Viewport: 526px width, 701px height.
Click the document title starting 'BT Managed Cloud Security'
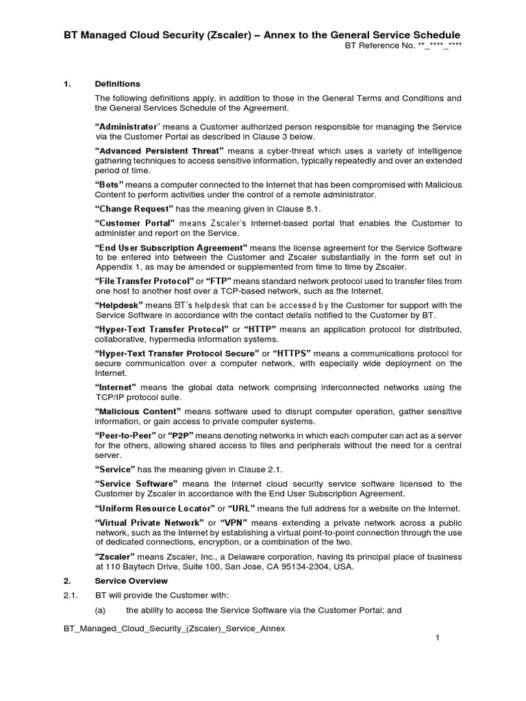click(262, 35)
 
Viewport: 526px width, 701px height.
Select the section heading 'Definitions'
click(117, 84)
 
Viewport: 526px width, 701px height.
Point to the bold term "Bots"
click(110, 185)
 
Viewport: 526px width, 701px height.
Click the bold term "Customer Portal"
click(136, 223)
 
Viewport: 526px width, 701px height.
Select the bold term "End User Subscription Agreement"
click(171, 247)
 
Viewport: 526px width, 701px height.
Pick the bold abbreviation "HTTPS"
click(293, 353)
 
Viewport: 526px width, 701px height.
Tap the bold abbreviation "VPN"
click(237, 522)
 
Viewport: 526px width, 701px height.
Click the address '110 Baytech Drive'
click(140, 565)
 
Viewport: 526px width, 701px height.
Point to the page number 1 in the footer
click(437, 638)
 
